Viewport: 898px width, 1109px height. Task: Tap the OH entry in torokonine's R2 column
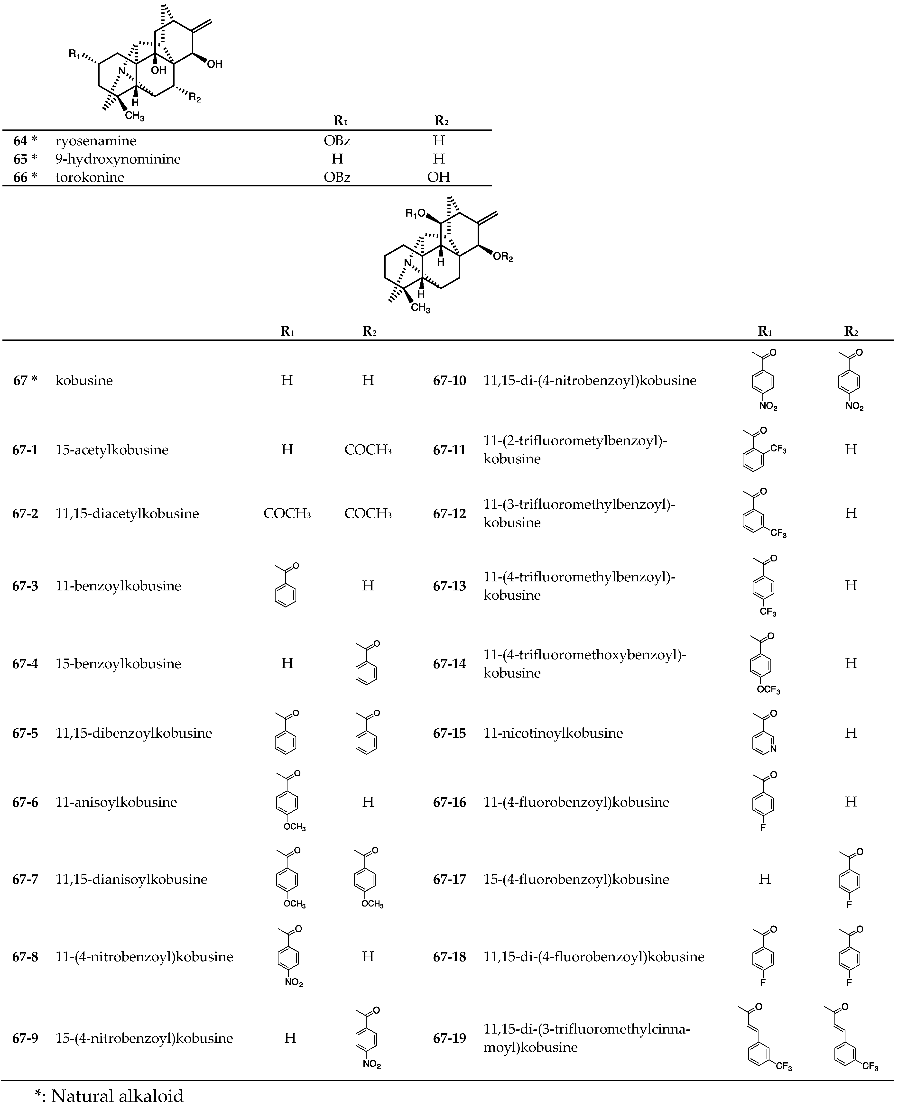pyautogui.click(x=439, y=177)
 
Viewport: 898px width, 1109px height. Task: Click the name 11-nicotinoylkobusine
pyautogui.click(x=553, y=733)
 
